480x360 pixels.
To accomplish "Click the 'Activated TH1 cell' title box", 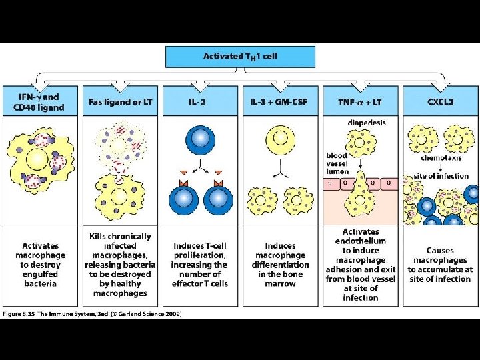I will click(240, 56).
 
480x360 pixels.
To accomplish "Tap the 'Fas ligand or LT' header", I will click(120, 102).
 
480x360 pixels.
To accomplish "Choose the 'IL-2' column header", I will click(200, 102).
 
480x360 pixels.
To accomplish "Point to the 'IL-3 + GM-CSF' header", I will click(280, 102).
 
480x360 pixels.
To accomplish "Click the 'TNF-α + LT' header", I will click(360, 102).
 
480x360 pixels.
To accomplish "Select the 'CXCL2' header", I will click(440, 102).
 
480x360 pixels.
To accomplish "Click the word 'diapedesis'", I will click(367, 122).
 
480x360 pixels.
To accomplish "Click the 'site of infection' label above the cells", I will click(439, 175).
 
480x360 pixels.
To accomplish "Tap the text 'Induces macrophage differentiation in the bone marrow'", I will click(280, 265).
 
